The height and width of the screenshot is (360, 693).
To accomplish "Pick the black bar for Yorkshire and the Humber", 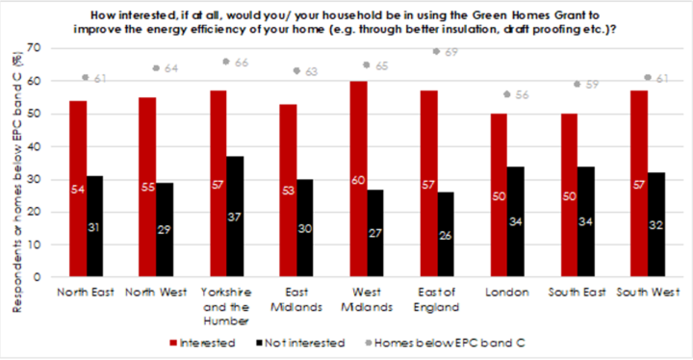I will coord(234,217).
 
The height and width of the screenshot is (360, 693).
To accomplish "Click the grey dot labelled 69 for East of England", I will coord(436,52).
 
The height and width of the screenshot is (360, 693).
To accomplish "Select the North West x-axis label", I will coord(157,292).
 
